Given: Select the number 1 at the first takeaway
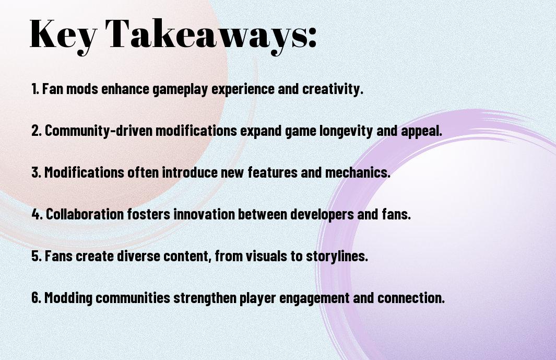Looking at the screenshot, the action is pyautogui.click(x=35, y=89).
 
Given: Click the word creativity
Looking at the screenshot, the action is pyautogui.click(x=333, y=89).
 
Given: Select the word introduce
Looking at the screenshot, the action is pyautogui.click(x=190, y=172).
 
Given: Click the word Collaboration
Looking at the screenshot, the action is pyautogui.click(x=85, y=214).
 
